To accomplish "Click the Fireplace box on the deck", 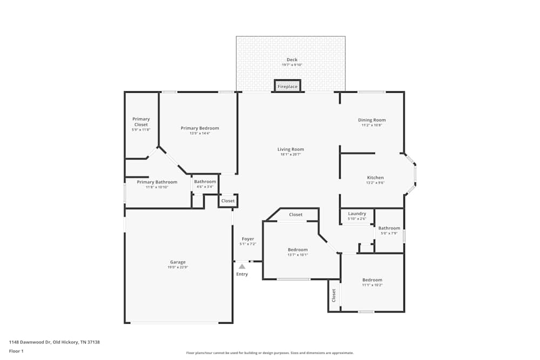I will pyautogui.click(x=287, y=86).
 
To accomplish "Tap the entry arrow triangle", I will pyautogui.click(x=242, y=266).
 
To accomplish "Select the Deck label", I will pyautogui.click(x=292, y=60).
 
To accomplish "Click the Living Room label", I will pyautogui.click(x=291, y=150).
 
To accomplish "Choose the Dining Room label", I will pyautogui.click(x=372, y=120).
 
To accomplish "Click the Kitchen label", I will pyautogui.click(x=375, y=178).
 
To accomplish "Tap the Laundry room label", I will pyautogui.click(x=357, y=214).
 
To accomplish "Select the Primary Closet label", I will pyautogui.click(x=141, y=122).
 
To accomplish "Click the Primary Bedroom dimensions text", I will pyautogui.click(x=200, y=133).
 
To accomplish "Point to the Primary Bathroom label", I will pyautogui.click(x=157, y=182).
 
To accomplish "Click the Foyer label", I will pyautogui.click(x=248, y=239).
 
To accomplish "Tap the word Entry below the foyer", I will pyautogui.click(x=242, y=274).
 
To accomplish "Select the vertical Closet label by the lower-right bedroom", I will pyautogui.click(x=334, y=295).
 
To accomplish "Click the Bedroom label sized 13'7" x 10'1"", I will pyautogui.click(x=298, y=249).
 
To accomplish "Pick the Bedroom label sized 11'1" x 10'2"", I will pyautogui.click(x=372, y=280).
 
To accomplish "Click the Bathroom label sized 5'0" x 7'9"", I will pyautogui.click(x=389, y=228).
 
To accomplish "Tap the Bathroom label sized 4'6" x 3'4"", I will pyautogui.click(x=205, y=182).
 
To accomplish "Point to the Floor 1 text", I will pyautogui.click(x=16, y=351).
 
